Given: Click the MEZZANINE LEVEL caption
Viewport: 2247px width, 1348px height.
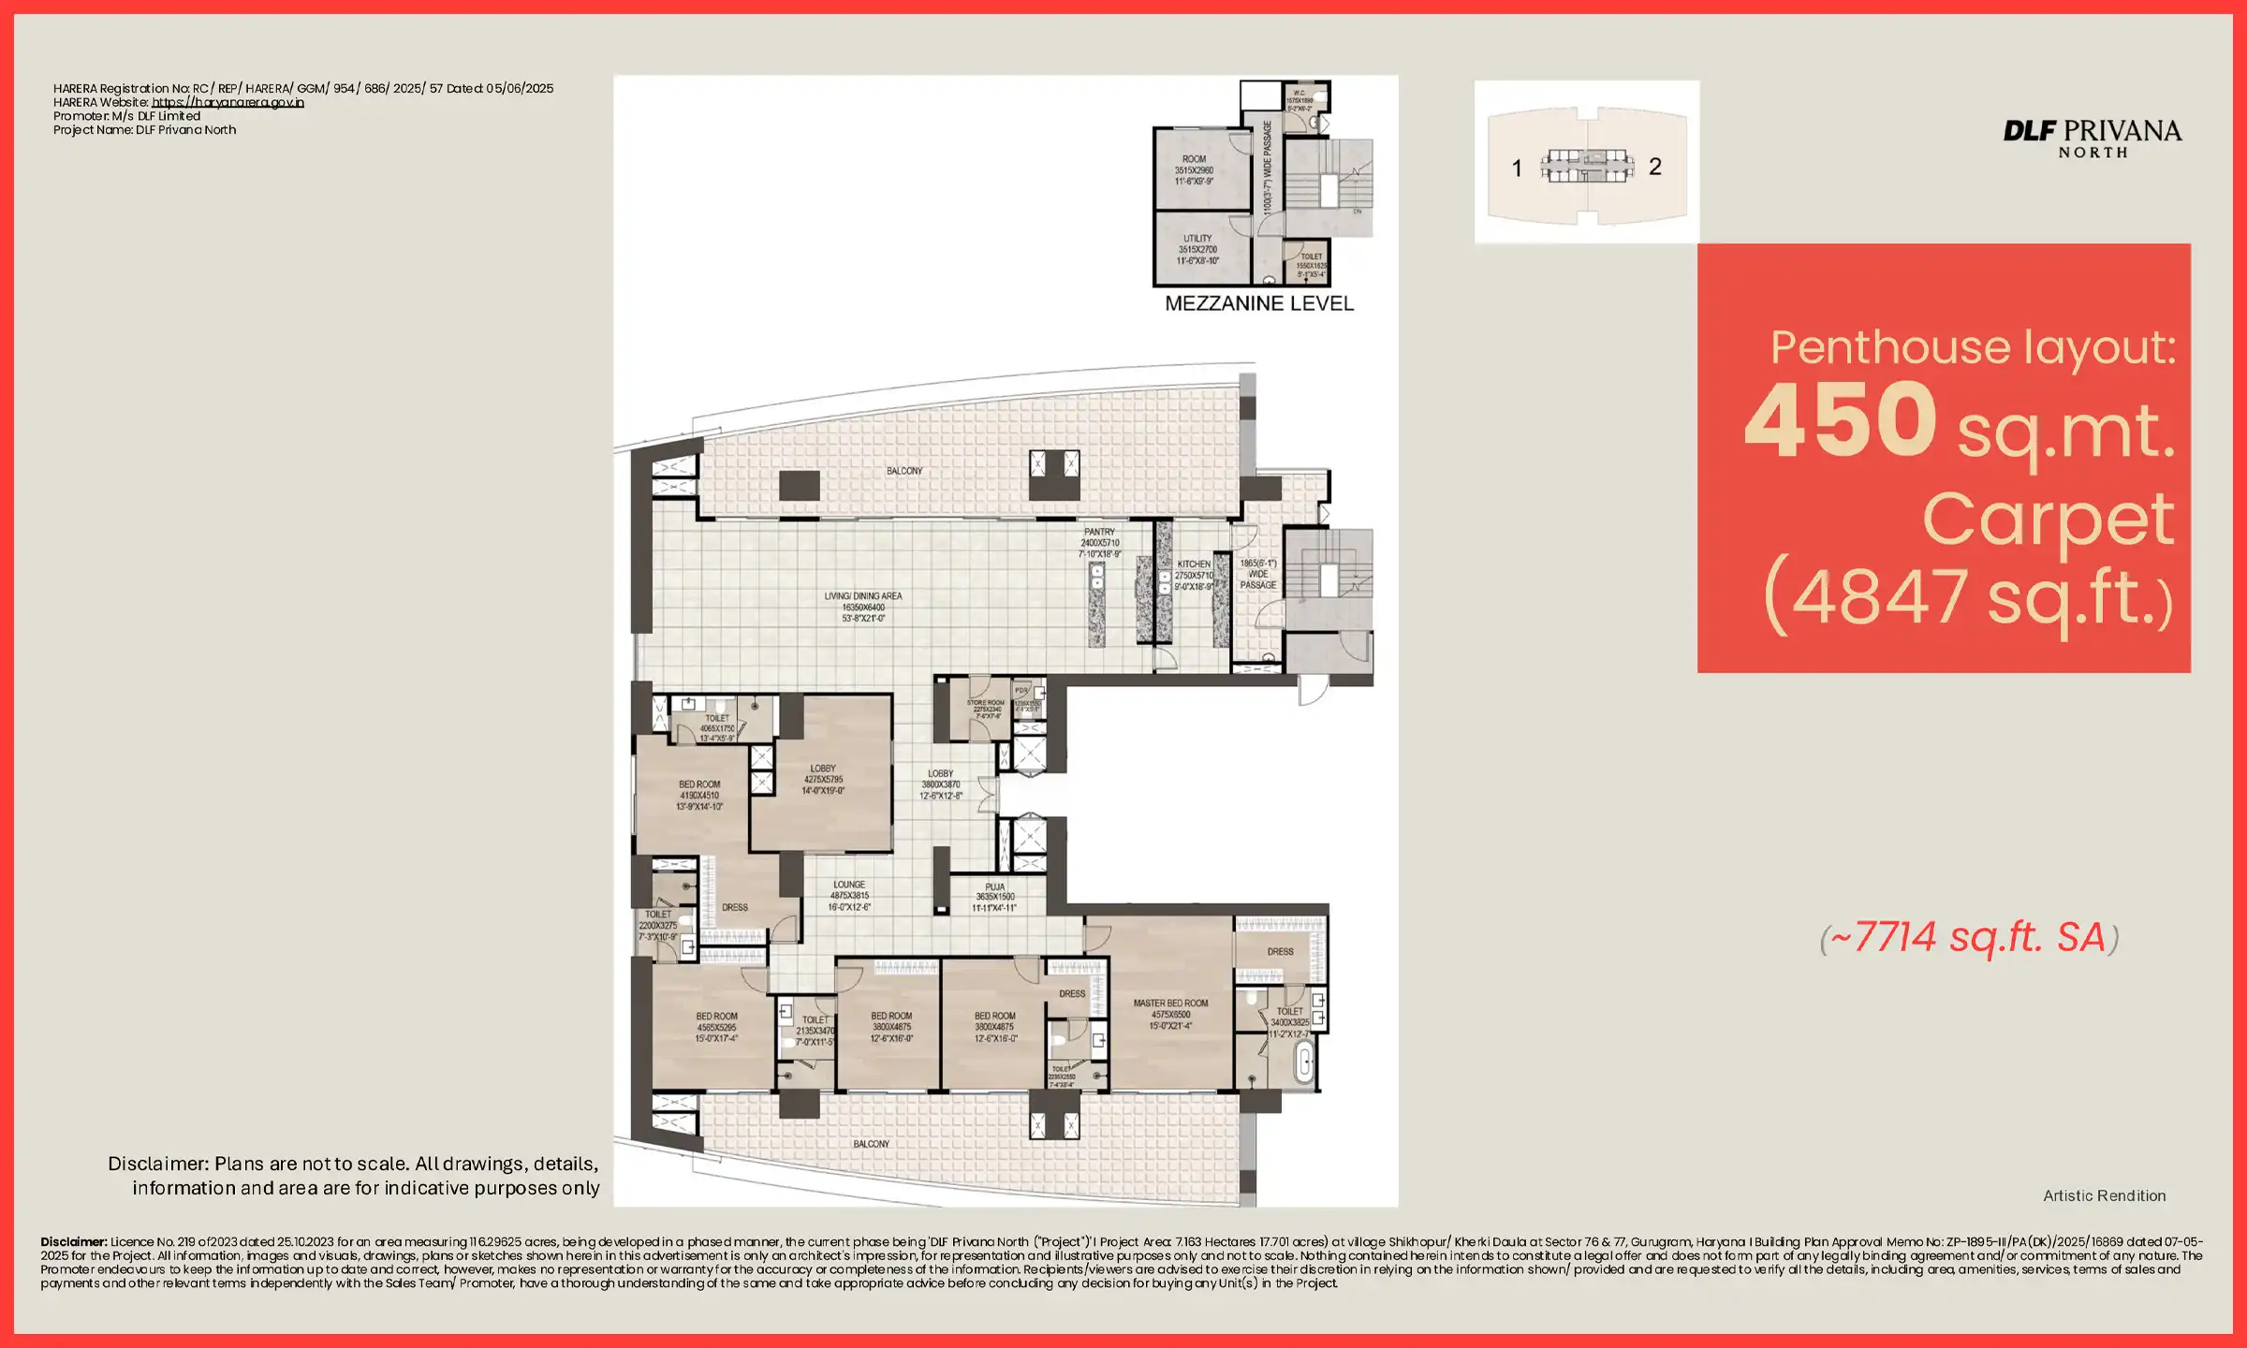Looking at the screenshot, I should [1258, 303].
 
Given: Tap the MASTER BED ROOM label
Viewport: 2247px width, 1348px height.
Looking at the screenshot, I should [1170, 1004].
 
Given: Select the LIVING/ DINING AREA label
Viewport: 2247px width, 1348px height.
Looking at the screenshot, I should [863, 596].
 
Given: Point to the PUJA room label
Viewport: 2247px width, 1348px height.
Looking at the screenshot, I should [994, 887].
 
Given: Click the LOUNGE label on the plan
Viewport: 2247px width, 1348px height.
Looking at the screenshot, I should [849, 885].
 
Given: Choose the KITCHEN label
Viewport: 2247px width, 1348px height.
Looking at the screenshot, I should [1194, 564].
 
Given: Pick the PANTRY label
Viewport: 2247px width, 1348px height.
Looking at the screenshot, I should [1099, 532].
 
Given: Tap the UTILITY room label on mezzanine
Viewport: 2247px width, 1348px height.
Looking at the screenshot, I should [1197, 239].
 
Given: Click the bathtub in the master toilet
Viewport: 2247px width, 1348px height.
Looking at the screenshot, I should [1303, 1063].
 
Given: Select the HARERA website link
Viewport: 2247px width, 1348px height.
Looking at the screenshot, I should [228, 103].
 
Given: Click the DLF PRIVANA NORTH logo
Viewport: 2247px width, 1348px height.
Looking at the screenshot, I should [2092, 138].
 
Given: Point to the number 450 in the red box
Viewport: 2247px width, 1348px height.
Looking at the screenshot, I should [1840, 420].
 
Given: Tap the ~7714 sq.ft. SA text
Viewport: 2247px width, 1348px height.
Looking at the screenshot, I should [1969, 938].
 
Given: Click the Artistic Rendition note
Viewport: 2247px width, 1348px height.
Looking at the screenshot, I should [2104, 1196].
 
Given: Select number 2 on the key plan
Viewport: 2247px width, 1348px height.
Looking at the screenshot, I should [1655, 167].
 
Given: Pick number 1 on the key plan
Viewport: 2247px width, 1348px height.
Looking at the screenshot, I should [1517, 168].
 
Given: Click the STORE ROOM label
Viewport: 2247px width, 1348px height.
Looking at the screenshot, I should [985, 702].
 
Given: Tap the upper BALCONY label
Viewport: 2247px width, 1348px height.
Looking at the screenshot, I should [904, 471].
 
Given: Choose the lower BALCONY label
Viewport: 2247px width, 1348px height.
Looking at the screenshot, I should [871, 1144].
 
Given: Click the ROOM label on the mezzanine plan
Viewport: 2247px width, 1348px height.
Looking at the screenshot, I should [1194, 159].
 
